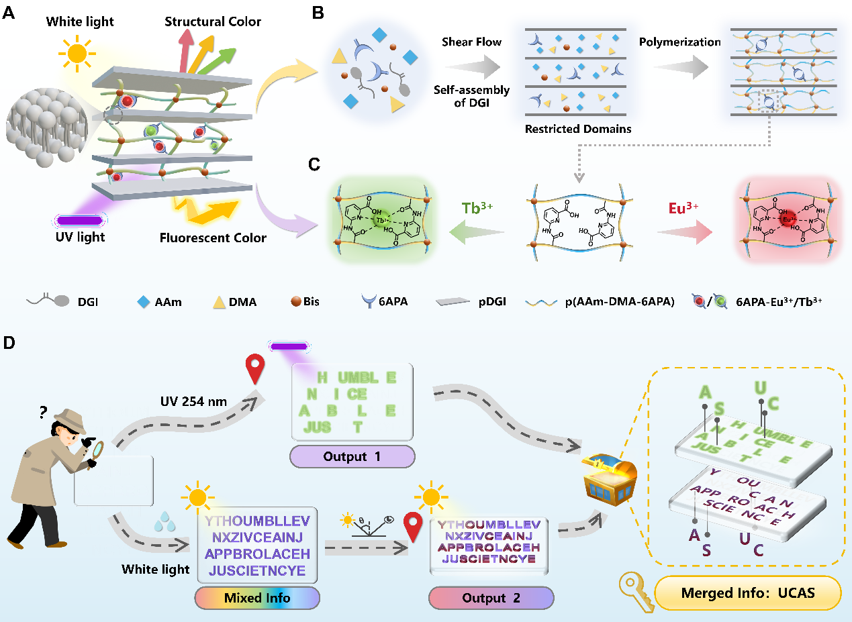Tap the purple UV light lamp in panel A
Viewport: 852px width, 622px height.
click(x=81, y=220)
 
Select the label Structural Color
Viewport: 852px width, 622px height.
click(x=213, y=22)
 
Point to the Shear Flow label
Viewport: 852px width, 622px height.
click(x=471, y=42)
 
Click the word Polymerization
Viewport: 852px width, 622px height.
click(x=679, y=42)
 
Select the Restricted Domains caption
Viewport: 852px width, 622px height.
click(x=579, y=129)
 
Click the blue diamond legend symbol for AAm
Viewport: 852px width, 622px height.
click(x=142, y=301)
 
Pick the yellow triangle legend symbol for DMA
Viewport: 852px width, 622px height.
click(x=218, y=301)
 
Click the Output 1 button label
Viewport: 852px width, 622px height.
click(x=352, y=457)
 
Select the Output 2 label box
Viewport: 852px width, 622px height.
click(x=491, y=598)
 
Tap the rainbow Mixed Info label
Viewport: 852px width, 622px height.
click(x=257, y=598)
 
